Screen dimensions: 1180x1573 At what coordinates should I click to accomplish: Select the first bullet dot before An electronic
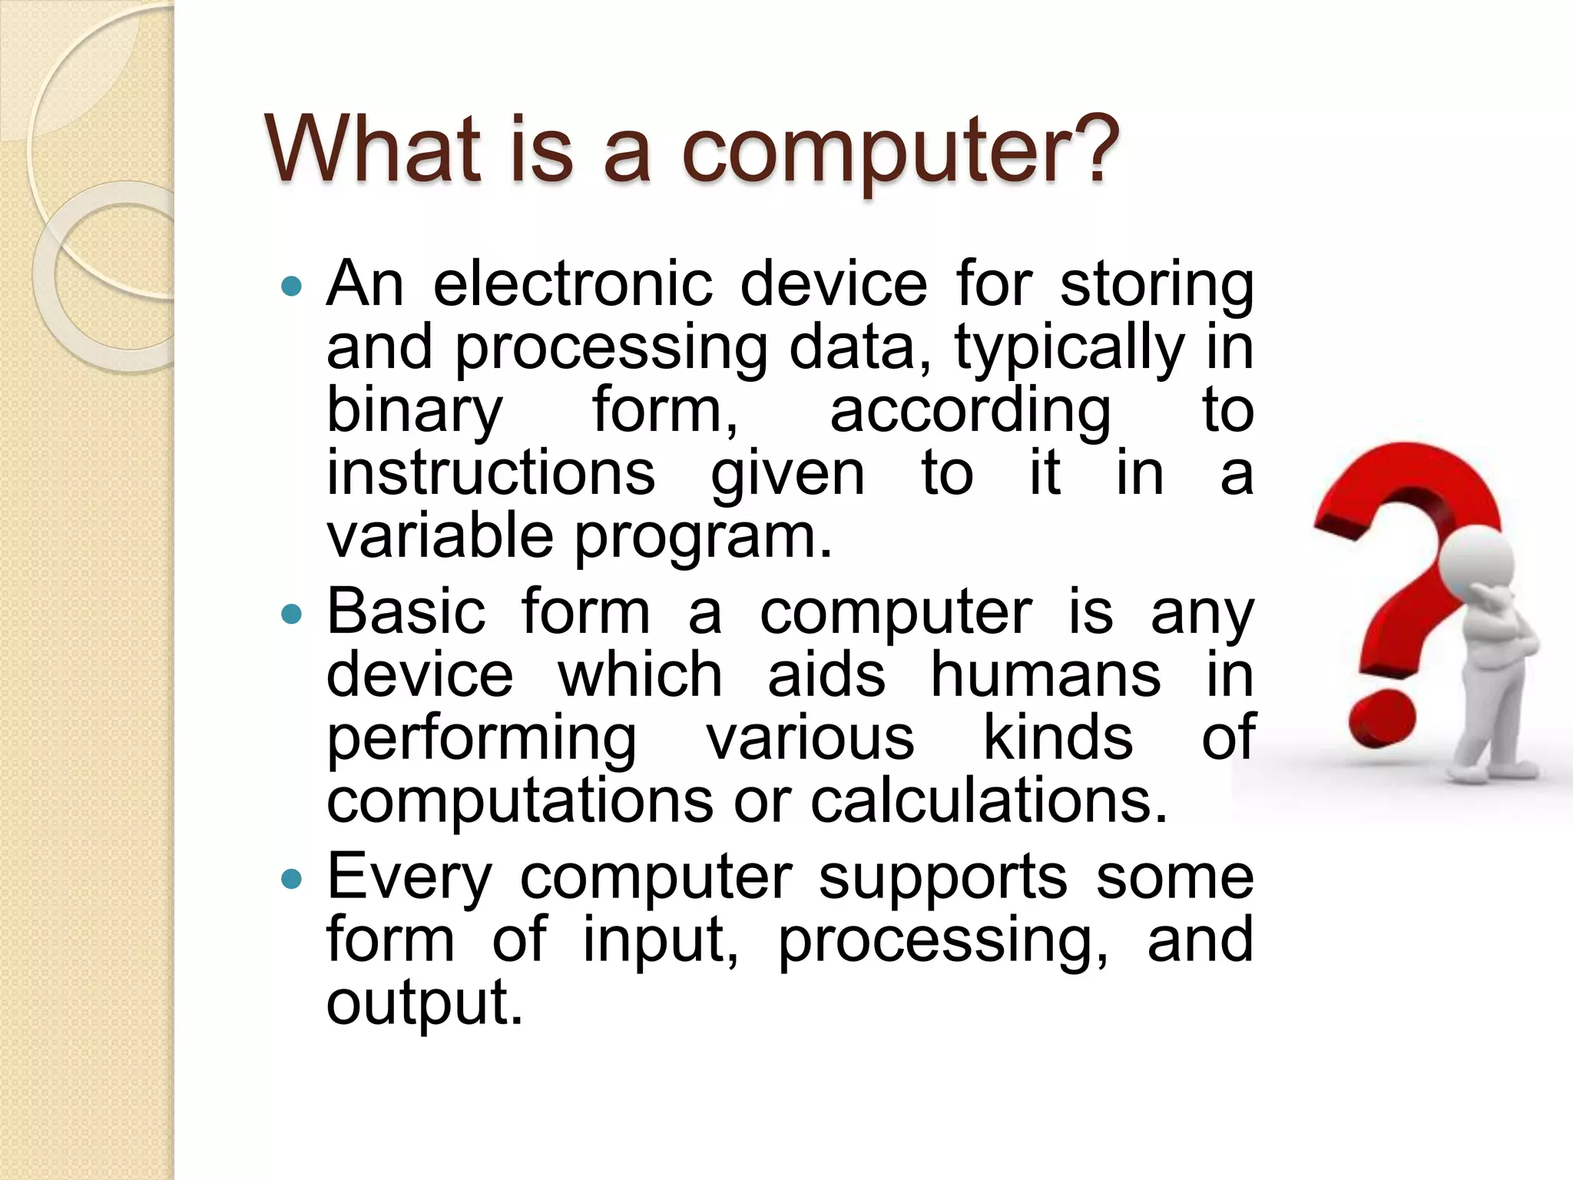coord(292,287)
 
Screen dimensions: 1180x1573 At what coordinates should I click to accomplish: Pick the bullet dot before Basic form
coord(292,615)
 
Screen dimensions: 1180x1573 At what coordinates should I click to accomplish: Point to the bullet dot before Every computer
coord(292,879)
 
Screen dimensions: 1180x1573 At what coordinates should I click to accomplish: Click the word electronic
coord(572,284)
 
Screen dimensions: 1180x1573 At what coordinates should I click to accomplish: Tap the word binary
coord(414,411)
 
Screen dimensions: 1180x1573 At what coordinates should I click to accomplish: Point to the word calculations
coord(989,801)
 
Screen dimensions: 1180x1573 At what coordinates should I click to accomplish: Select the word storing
coord(1156,286)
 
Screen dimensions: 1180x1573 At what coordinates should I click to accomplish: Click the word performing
coord(482,739)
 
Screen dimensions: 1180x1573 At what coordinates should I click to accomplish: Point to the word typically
coord(1069,349)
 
